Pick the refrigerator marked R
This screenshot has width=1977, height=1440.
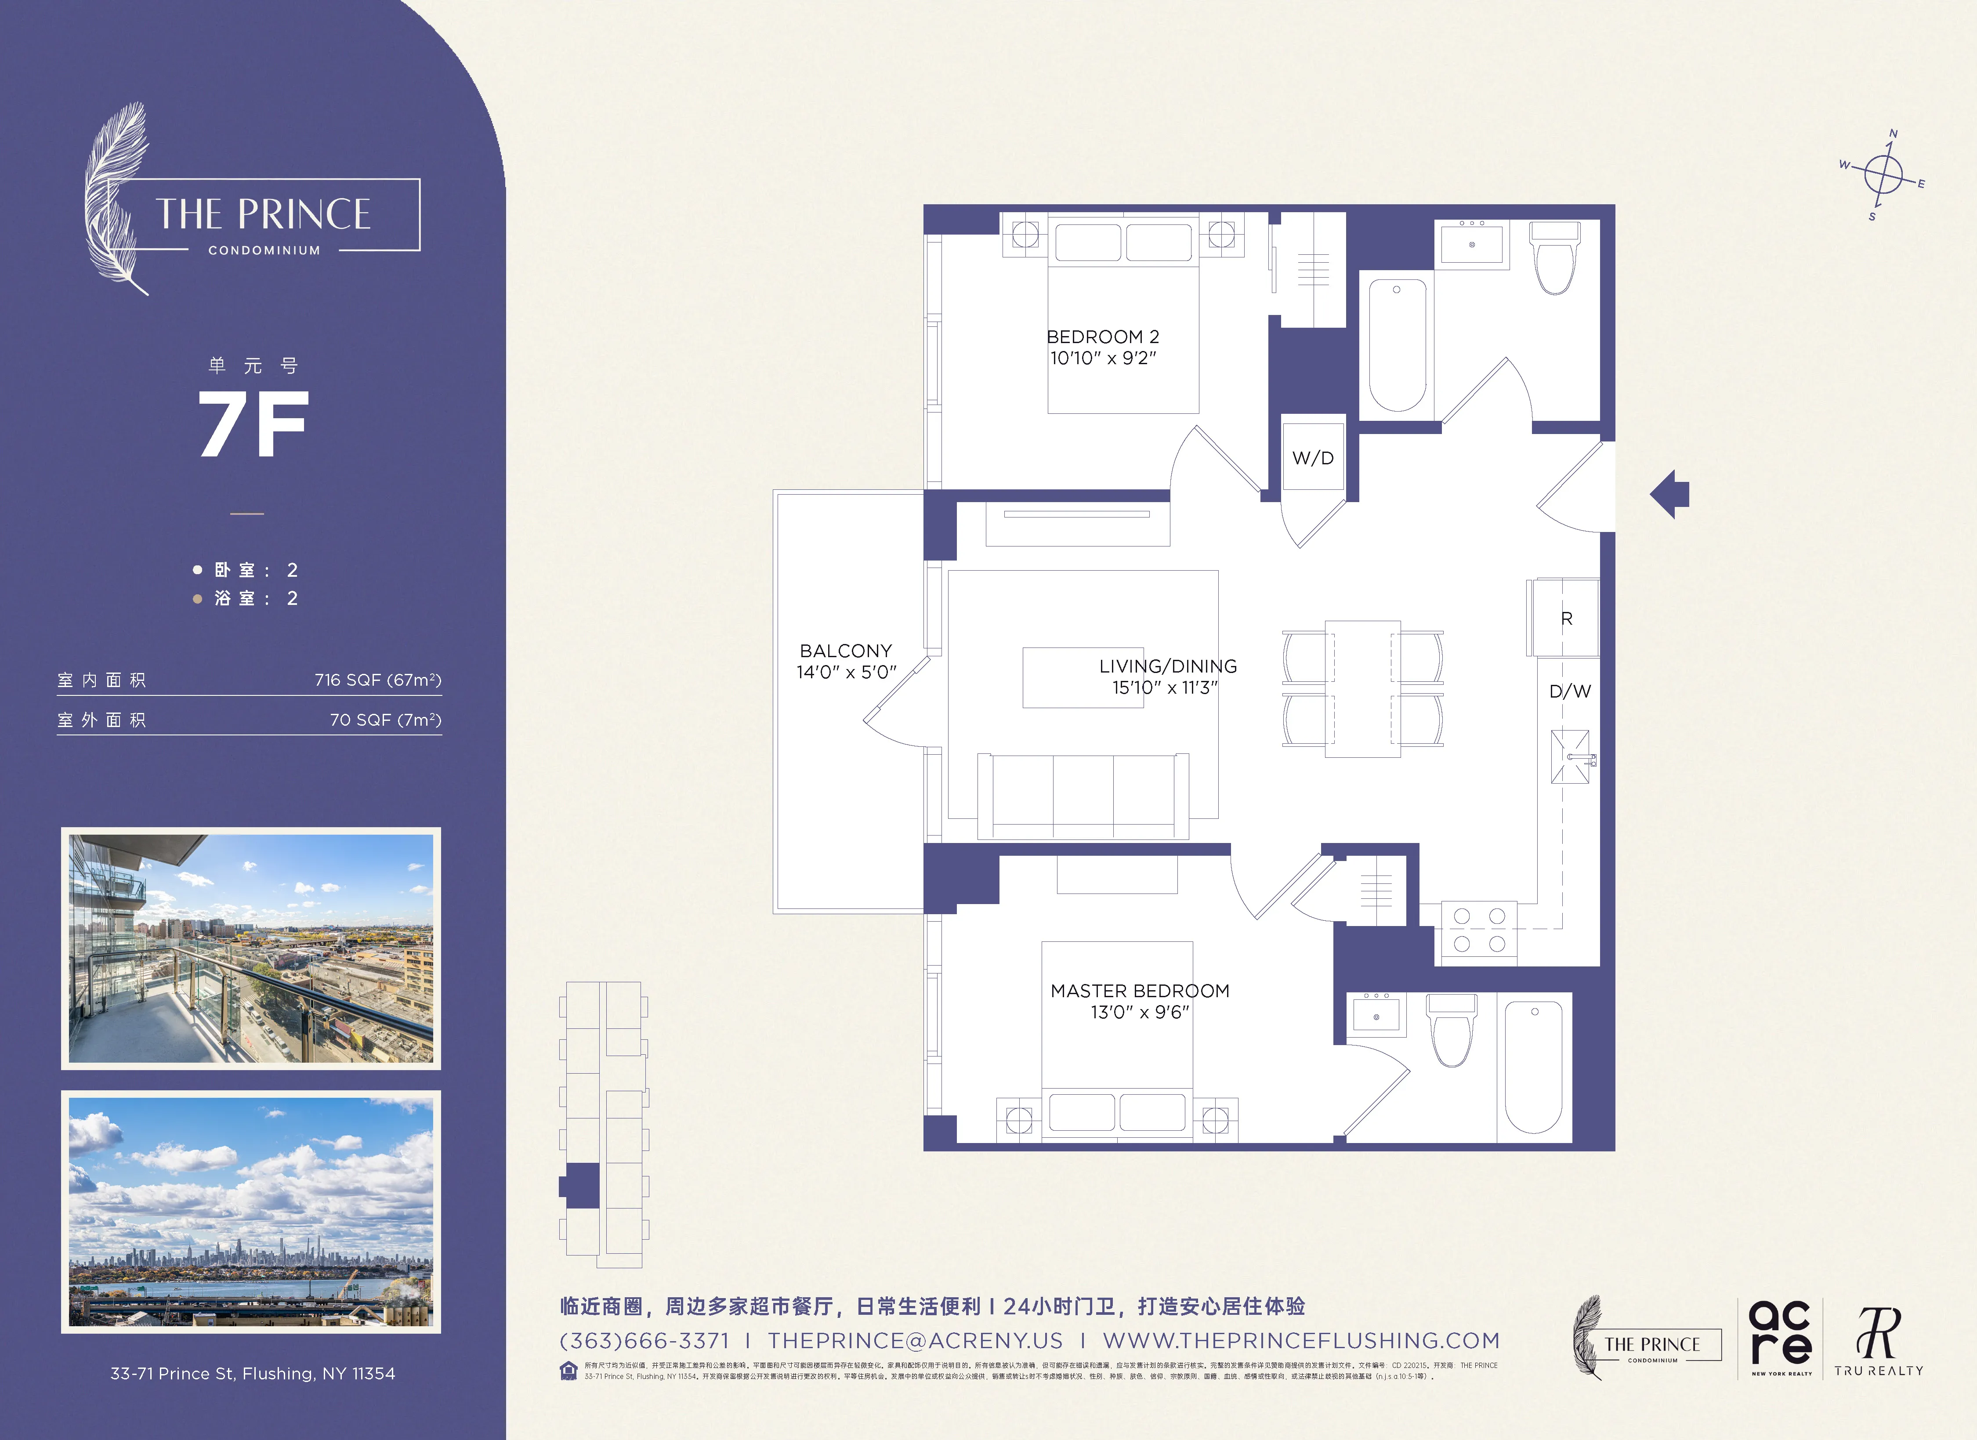click(1565, 618)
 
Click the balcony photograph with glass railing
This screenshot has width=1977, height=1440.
click(251, 948)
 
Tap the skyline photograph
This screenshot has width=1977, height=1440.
click(251, 1212)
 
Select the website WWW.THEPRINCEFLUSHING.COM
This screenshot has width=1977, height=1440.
click(1301, 1341)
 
